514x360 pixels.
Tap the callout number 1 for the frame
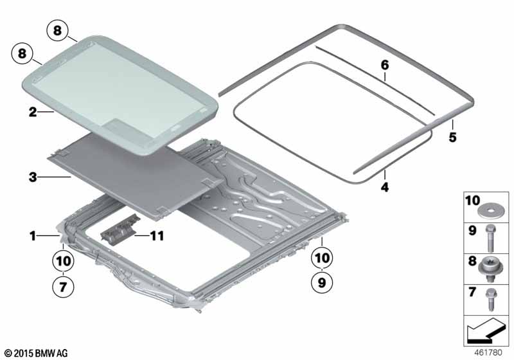(32, 236)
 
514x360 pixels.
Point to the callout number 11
(156, 236)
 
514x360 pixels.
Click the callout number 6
(385, 65)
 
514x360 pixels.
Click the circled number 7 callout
(62, 287)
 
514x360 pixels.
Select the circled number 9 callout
(322, 280)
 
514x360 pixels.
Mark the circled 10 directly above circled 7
(62, 262)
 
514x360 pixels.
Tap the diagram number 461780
(490, 353)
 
